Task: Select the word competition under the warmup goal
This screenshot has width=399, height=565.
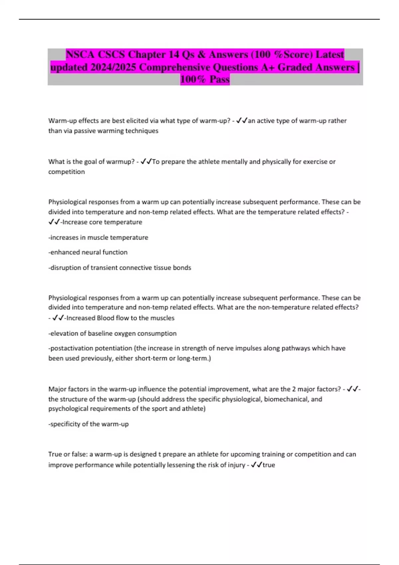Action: point(66,172)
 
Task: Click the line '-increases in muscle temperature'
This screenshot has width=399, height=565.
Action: point(98,238)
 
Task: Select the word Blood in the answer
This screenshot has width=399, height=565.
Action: point(105,318)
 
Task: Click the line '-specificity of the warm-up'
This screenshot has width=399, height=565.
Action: point(88,424)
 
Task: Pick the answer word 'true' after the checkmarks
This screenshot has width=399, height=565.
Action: point(269,465)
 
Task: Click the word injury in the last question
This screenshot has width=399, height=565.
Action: point(236,465)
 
